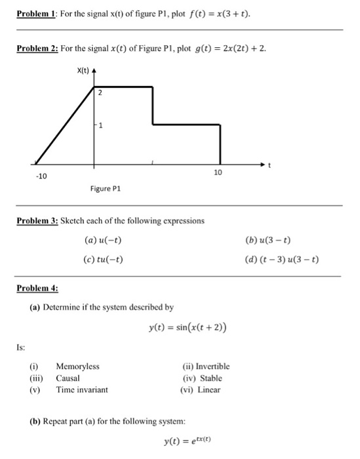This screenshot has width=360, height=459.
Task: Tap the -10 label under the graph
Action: (41, 177)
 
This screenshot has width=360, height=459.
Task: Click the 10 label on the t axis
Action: (219, 172)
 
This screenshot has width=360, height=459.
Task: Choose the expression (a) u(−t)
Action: (104, 240)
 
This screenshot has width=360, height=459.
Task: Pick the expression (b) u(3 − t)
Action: (275, 240)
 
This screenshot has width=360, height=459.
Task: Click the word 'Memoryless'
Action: (77, 367)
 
